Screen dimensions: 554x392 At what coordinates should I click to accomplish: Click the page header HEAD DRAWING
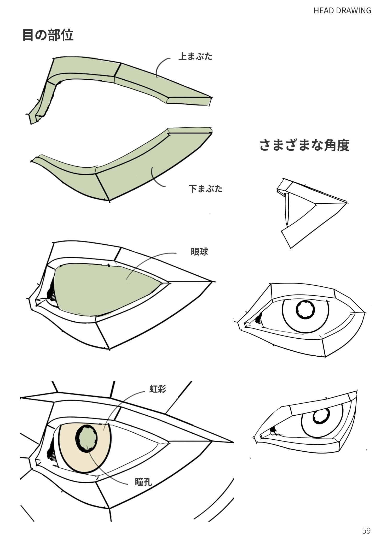[342, 10]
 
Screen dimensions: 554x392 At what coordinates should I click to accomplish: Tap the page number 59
[366, 531]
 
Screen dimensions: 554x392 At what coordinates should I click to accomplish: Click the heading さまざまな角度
[304, 145]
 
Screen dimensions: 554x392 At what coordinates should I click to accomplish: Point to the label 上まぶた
[195, 56]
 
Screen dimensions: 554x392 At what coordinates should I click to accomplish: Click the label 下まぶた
[205, 188]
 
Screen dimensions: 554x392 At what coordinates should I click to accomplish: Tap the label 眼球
[199, 252]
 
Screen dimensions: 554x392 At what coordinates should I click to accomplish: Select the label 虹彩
[158, 389]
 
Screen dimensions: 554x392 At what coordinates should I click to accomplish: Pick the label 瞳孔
[143, 482]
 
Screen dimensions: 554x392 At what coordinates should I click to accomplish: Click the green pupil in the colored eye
[87, 438]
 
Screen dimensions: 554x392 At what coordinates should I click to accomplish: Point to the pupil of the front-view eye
[305, 310]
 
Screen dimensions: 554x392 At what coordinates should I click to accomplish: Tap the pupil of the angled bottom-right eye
[321, 415]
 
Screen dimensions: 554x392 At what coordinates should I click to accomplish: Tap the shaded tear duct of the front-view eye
[259, 319]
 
